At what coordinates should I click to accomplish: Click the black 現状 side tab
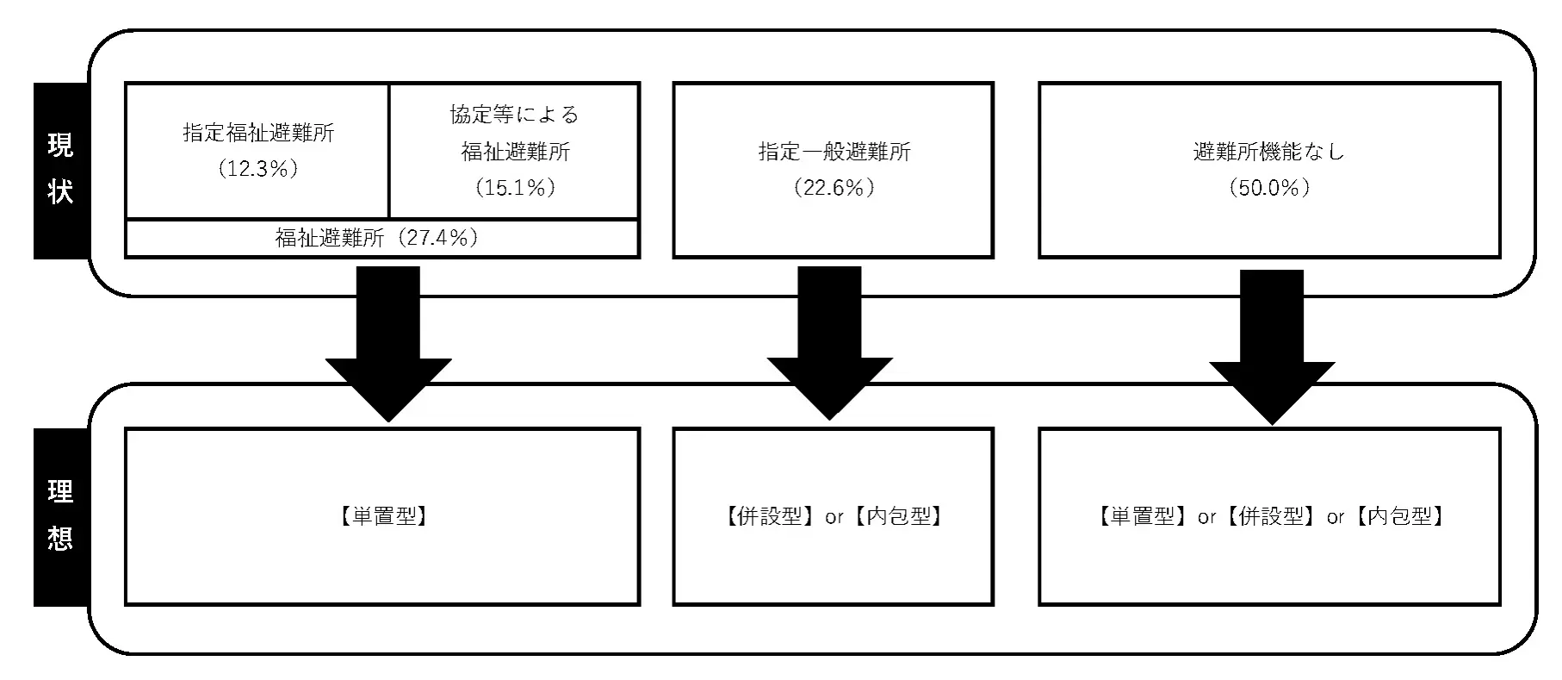pos(60,170)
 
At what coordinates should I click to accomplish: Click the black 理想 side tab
pos(60,515)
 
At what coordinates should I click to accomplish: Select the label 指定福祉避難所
pos(258,133)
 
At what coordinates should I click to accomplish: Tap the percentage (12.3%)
pos(258,169)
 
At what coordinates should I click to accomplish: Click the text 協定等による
pos(514,115)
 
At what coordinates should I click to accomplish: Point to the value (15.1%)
pos(515,187)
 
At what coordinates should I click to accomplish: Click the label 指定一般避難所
pos(834,152)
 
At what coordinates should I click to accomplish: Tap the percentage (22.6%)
pos(834,187)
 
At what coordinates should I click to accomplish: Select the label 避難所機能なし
pos(1268,152)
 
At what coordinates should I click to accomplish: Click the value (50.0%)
pos(1269,187)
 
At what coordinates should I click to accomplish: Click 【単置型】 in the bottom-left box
pos(382,516)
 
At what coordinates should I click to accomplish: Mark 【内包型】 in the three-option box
pos(1398,516)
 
